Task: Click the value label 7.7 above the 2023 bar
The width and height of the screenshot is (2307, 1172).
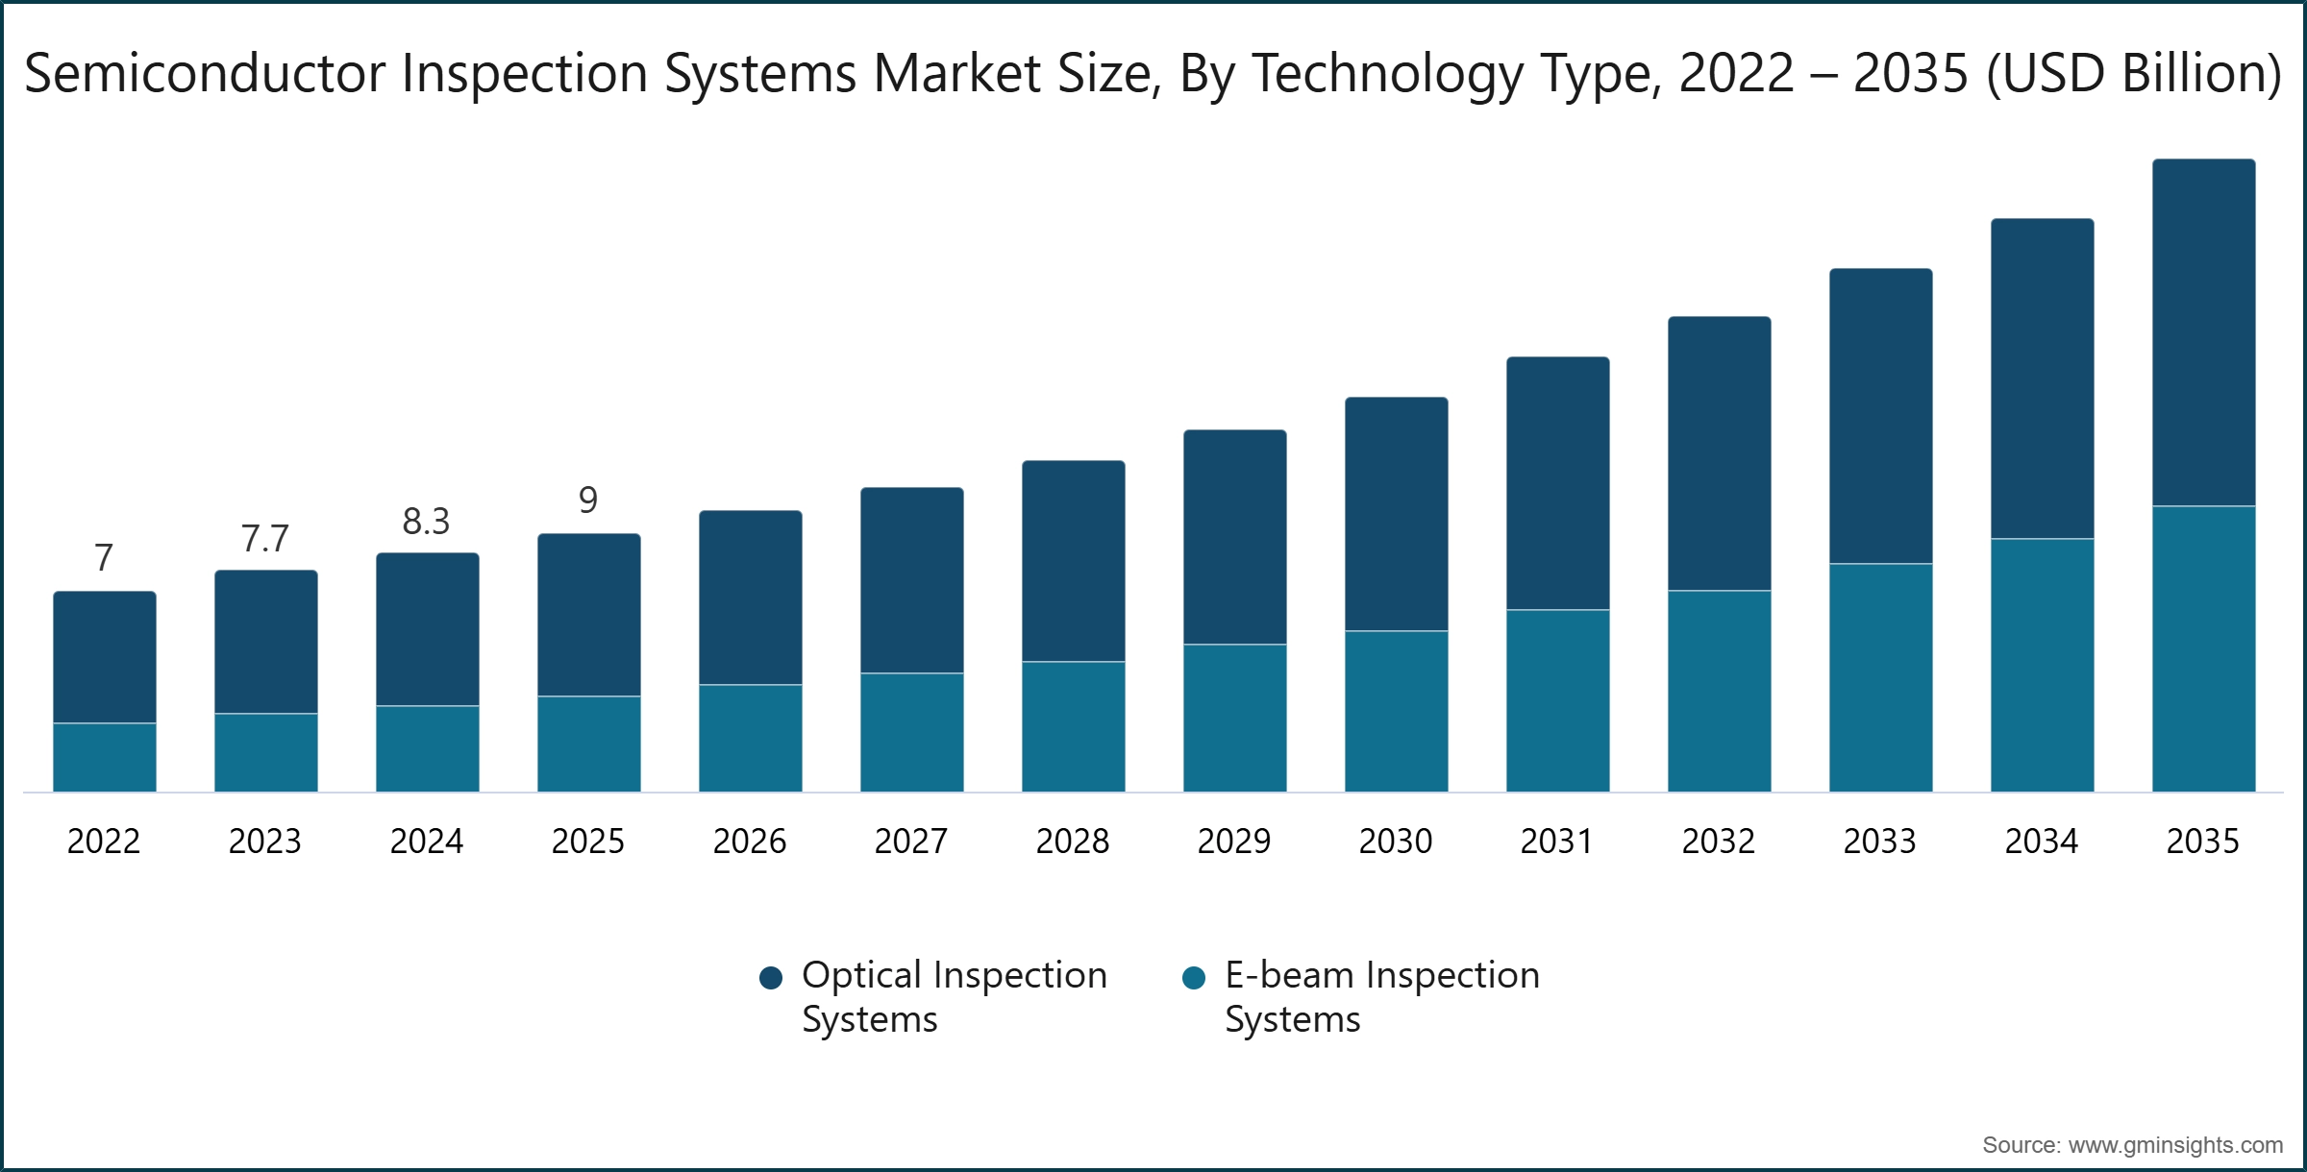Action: [x=264, y=539]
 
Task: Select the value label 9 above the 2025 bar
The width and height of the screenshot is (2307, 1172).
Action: [x=588, y=501]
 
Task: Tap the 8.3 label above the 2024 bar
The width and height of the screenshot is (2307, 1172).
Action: [x=426, y=522]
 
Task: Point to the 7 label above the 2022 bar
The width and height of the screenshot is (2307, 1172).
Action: [x=104, y=558]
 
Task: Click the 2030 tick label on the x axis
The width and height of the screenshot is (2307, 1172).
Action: [x=1396, y=842]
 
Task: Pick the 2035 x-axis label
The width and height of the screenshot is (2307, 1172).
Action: [x=2203, y=842]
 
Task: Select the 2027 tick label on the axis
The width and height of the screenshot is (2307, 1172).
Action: [x=911, y=842]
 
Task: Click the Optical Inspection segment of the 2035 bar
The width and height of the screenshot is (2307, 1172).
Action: [x=2203, y=331]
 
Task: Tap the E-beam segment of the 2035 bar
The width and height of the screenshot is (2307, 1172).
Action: [x=2203, y=648]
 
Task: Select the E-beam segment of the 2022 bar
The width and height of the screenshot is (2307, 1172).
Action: [x=104, y=757]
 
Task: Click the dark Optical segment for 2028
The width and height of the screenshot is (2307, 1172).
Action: [x=1073, y=561]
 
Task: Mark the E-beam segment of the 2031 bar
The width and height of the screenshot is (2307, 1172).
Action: [x=1557, y=700]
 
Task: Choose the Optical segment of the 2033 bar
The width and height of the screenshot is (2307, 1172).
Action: [x=1880, y=416]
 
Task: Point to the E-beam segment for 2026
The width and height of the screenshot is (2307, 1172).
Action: [x=750, y=738]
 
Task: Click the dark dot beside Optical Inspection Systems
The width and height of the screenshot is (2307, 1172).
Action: [x=770, y=978]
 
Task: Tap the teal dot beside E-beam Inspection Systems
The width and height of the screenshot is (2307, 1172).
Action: [x=1193, y=978]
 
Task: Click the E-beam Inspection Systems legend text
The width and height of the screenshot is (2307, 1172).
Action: [x=1380, y=996]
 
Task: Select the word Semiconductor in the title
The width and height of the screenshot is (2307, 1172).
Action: [x=204, y=74]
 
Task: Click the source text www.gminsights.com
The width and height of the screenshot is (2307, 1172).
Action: [x=2175, y=1145]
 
